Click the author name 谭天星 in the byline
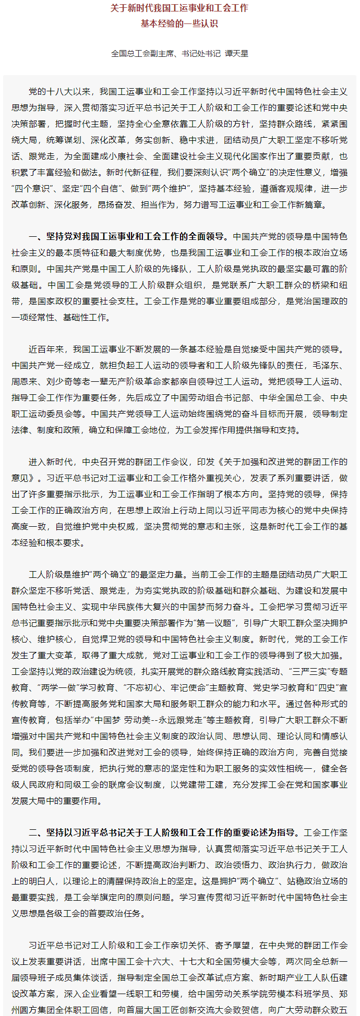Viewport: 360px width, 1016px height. coord(237,53)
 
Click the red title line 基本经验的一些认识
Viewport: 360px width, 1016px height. coord(179,23)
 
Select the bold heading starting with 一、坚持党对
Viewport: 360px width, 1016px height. coord(128,236)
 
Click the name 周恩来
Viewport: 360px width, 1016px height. coord(25,381)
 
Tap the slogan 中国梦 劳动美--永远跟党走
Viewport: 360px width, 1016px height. coord(150,720)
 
